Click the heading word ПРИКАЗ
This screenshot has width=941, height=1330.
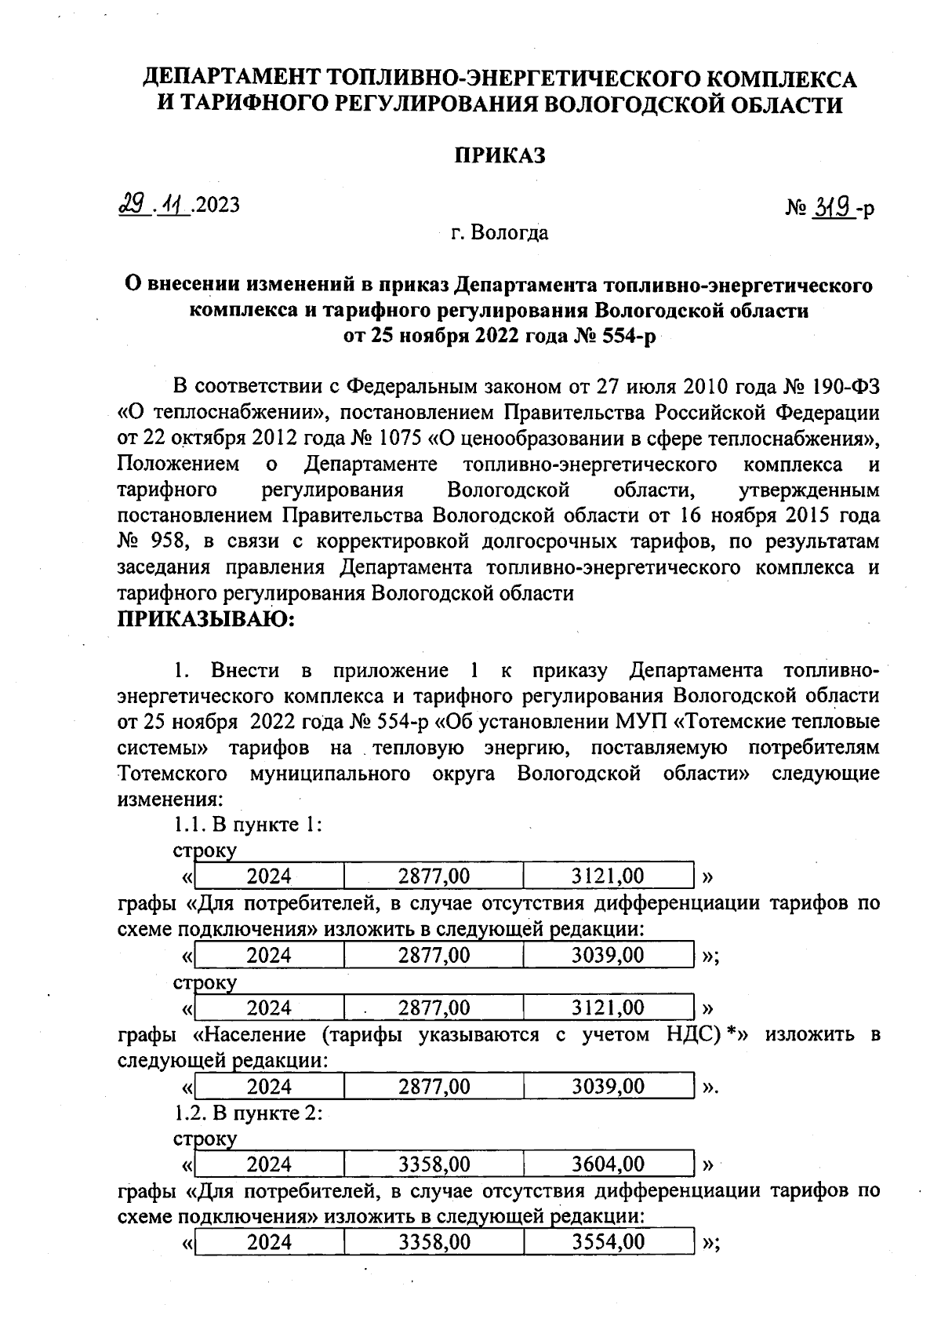tap(500, 155)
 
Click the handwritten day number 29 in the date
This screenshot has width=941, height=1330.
tap(130, 205)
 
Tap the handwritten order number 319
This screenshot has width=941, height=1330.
tap(833, 208)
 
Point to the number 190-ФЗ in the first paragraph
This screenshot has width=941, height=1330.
tap(841, 387)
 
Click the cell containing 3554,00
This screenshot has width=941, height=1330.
tap(609, 1242)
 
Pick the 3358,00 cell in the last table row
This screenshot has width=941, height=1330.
tap(434, 1242)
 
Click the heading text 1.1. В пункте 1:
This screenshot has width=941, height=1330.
tap(248, 825)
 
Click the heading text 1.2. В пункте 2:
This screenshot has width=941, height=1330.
tap(248, 1113)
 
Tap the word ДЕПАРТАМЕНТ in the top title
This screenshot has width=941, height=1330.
tap(231, 78)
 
